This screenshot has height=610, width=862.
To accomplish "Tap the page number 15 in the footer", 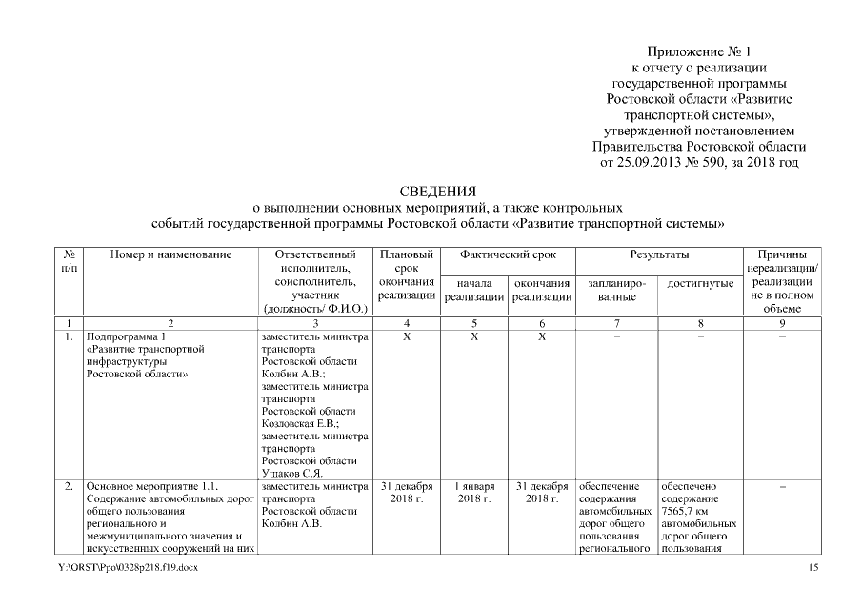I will pyautogui.click(x=812, y=568).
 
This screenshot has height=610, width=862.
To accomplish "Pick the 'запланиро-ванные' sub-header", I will pyautogui.click(x=617, y=291).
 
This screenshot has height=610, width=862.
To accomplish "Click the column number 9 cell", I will pyautogui.click(x=783, y=324).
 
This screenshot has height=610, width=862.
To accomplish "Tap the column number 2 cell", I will pyautogui.click(x=170, y=324).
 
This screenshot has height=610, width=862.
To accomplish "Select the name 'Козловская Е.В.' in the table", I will pyautogui.click(x=299, y=423).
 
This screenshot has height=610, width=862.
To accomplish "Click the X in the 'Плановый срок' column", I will pyautogui.click(x=407, y=336).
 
